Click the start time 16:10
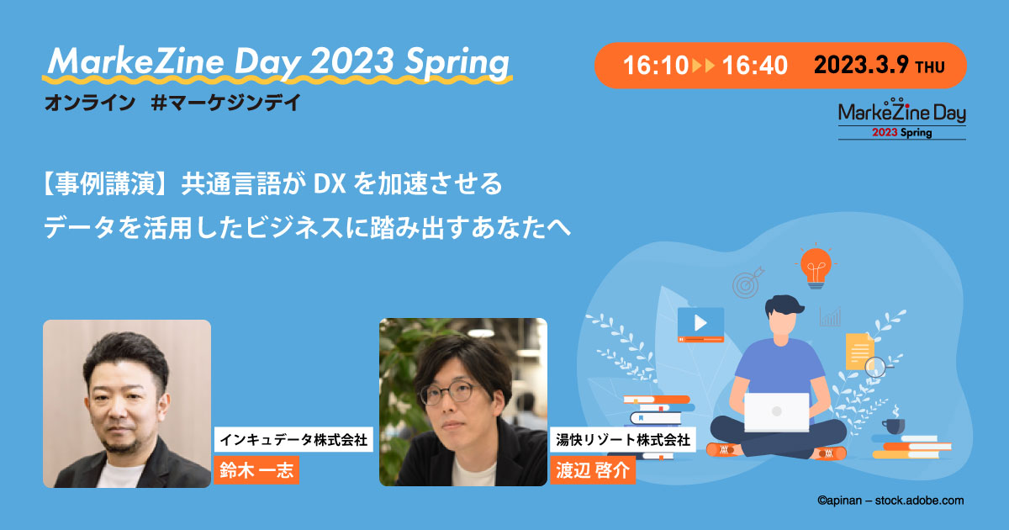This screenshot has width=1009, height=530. pos(656,66)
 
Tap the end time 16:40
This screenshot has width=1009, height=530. pos(754,66)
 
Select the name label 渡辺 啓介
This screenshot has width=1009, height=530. pos(592,470)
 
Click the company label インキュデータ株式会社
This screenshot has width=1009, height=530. pos(293,439)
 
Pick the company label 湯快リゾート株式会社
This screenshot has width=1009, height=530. pos(622,439)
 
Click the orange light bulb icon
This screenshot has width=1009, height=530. pos(815,264)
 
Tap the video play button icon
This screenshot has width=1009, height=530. pos(700,322)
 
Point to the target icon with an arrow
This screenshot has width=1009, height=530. pos(747,284)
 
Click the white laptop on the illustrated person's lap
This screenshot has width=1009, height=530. pos(776,412)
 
